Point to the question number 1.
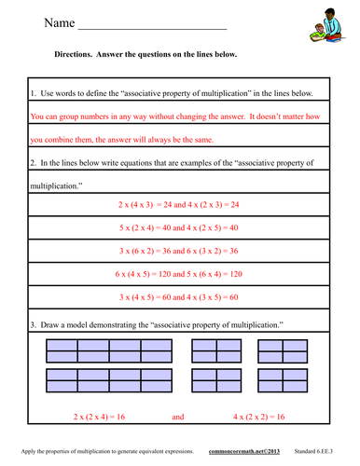click(33, 94)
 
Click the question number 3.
click(33, 322)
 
